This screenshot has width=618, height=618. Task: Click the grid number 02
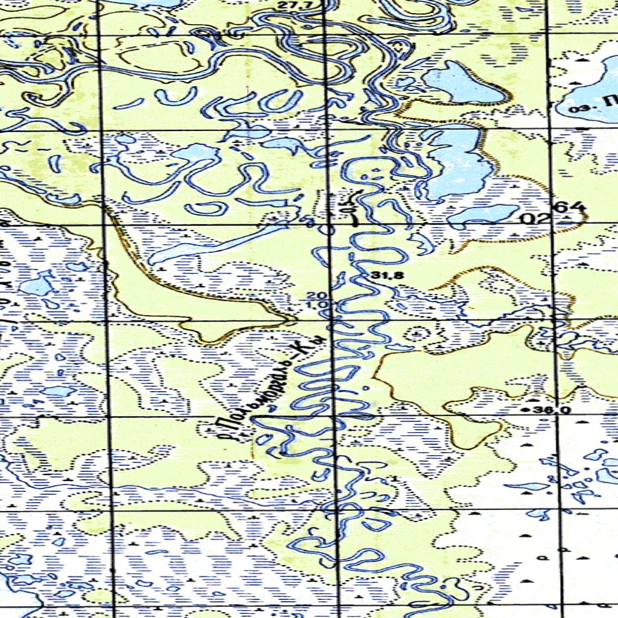[533, 218]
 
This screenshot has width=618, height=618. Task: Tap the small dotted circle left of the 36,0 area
[416, 333]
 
